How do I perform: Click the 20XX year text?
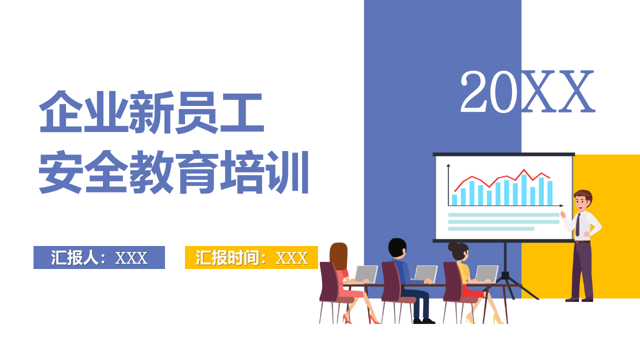click(x=527, y=92)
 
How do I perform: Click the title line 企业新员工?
click(x=151, y=112)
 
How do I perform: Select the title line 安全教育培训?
click(x=174, y=172)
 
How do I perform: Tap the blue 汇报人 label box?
click(x=99, y=257)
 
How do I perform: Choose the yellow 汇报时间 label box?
click(x=251, y=257)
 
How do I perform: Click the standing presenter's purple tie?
click(x=578, y=224)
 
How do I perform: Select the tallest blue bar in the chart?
click(x=524, y=189)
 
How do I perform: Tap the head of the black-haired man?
click(x=397, y=248)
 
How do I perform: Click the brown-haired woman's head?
click(x=338, y=255)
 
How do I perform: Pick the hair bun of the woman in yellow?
click(x=452, y=246)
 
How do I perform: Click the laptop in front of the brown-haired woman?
click(x=366, y=274)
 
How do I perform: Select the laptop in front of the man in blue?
click(x=426, y=274)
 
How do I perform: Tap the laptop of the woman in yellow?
click(x=486, y=274)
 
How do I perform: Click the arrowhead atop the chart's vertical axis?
click(x=448, y=165)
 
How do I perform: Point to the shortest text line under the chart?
click(x=491, y=229)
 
